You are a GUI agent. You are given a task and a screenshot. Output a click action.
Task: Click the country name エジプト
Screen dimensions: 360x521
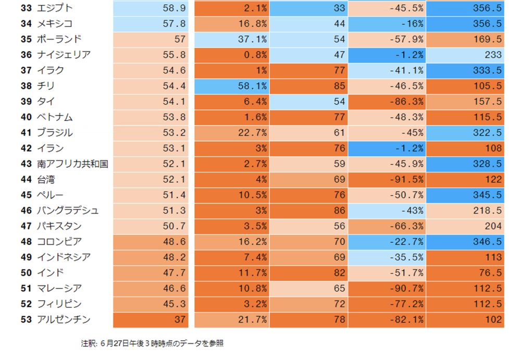[x=55, y=8]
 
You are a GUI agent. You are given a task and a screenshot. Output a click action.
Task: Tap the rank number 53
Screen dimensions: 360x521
[x=27, y=319]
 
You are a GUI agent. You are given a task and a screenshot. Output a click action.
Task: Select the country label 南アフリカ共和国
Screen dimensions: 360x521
[x=72, y=164]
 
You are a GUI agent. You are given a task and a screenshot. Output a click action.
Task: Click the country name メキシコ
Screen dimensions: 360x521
[x=55, y=24]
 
